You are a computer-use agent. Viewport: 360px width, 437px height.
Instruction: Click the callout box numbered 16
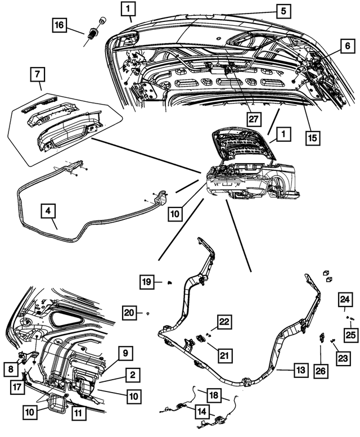tap(60, 25)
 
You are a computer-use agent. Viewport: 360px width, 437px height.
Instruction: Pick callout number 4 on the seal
tap(49, 212)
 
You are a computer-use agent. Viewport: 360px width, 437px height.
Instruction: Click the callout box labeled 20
tap(130, 312)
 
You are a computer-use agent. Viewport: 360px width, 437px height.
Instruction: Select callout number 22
tap(224, 322)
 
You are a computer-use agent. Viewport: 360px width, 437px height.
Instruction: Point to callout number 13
tap(301, 370)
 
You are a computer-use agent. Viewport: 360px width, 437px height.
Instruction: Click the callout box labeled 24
tap(345, 299)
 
